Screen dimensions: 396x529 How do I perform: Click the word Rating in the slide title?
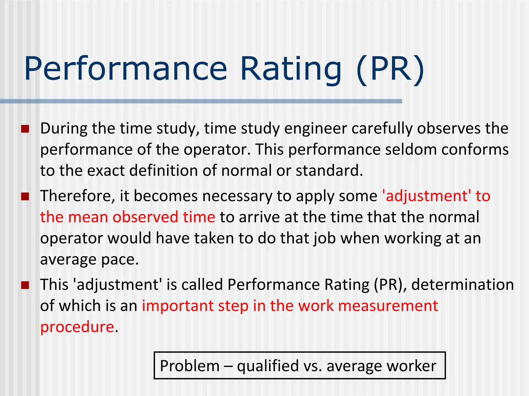[291, 69]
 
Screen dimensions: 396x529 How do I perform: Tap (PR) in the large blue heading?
[390, 69]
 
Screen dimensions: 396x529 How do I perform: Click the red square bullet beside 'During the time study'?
[25, 129]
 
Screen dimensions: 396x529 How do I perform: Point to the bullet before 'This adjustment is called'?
[25, 285]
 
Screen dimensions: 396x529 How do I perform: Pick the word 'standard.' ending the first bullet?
[329, 171]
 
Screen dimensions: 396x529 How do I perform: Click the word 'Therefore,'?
[77, 196]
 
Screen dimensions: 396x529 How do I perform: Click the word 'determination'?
[462, 285]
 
